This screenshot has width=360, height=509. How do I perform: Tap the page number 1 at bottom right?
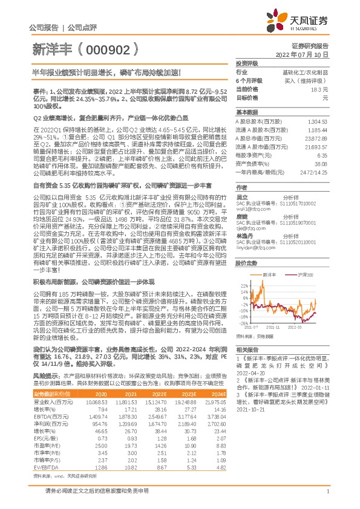point(327,499)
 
